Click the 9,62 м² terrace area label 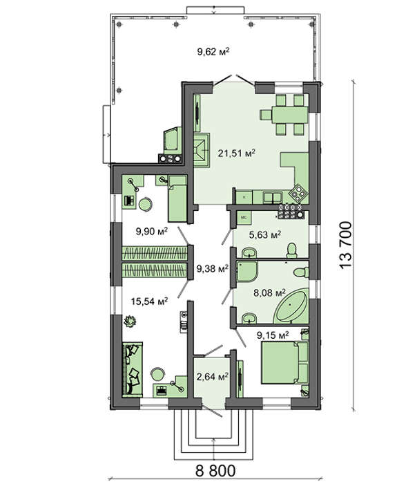[x=213, y=51]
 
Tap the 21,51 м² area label [x=237, y=153]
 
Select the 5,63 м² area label [x=264, y=235]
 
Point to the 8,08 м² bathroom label [x=269, y=292]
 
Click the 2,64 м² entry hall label [x=213, y=376]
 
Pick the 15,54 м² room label [x=150, y=301]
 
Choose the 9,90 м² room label [x=152, y=231]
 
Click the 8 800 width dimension [x=215, y=471]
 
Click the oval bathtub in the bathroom [x=291, y=306]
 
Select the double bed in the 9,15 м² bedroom [x=284, y=362]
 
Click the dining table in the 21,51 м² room [x=289, y=115]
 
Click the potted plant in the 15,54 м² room [x=130, y=322]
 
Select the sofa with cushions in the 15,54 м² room [x=133, y=369]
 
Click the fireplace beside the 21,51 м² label [x=202, y=150]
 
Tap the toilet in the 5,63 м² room [x=291, y=250]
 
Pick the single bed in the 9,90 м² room [x=177, y=198]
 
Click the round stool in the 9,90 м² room [x=145, y=204]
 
